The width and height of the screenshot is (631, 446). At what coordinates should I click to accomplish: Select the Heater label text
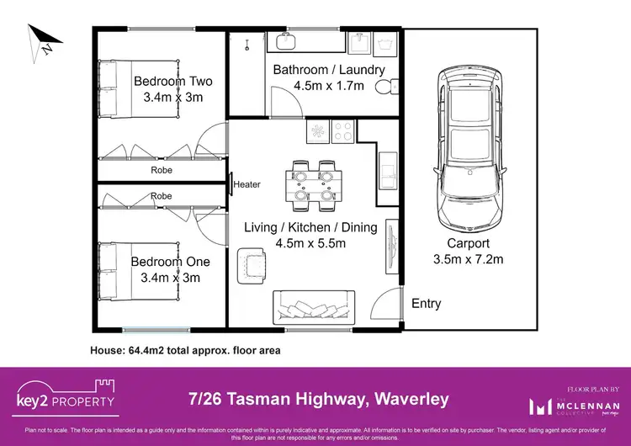tap(247, 184)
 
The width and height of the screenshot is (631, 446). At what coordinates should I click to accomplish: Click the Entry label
tap(426, 303)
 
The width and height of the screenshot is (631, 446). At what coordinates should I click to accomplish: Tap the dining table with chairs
tap(315, 183)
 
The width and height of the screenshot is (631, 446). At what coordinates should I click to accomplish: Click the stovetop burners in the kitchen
tap(343, 130)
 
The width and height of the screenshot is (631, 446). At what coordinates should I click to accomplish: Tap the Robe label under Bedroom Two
tap(162, 169)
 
